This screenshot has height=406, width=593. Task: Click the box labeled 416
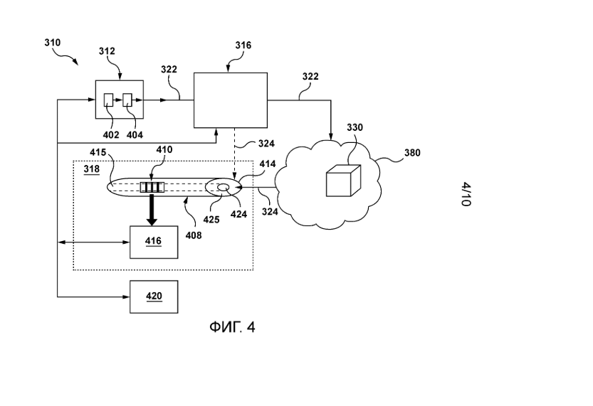(153, 242)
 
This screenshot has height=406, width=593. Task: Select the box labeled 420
(153, 297)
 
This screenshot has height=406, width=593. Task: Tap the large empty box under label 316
(231, 100)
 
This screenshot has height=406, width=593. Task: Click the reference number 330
(355, 127)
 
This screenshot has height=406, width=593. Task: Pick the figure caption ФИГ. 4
(231, 327)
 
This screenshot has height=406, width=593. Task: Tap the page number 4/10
(466, 193)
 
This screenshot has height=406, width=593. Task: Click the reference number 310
(52, 43)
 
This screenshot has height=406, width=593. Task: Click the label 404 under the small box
(132, 133)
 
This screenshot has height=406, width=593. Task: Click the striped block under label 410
(152, 188)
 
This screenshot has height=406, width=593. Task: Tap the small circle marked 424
(224, 188)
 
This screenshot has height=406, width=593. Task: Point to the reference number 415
(98, 152)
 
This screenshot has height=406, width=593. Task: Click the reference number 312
(106, 51)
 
